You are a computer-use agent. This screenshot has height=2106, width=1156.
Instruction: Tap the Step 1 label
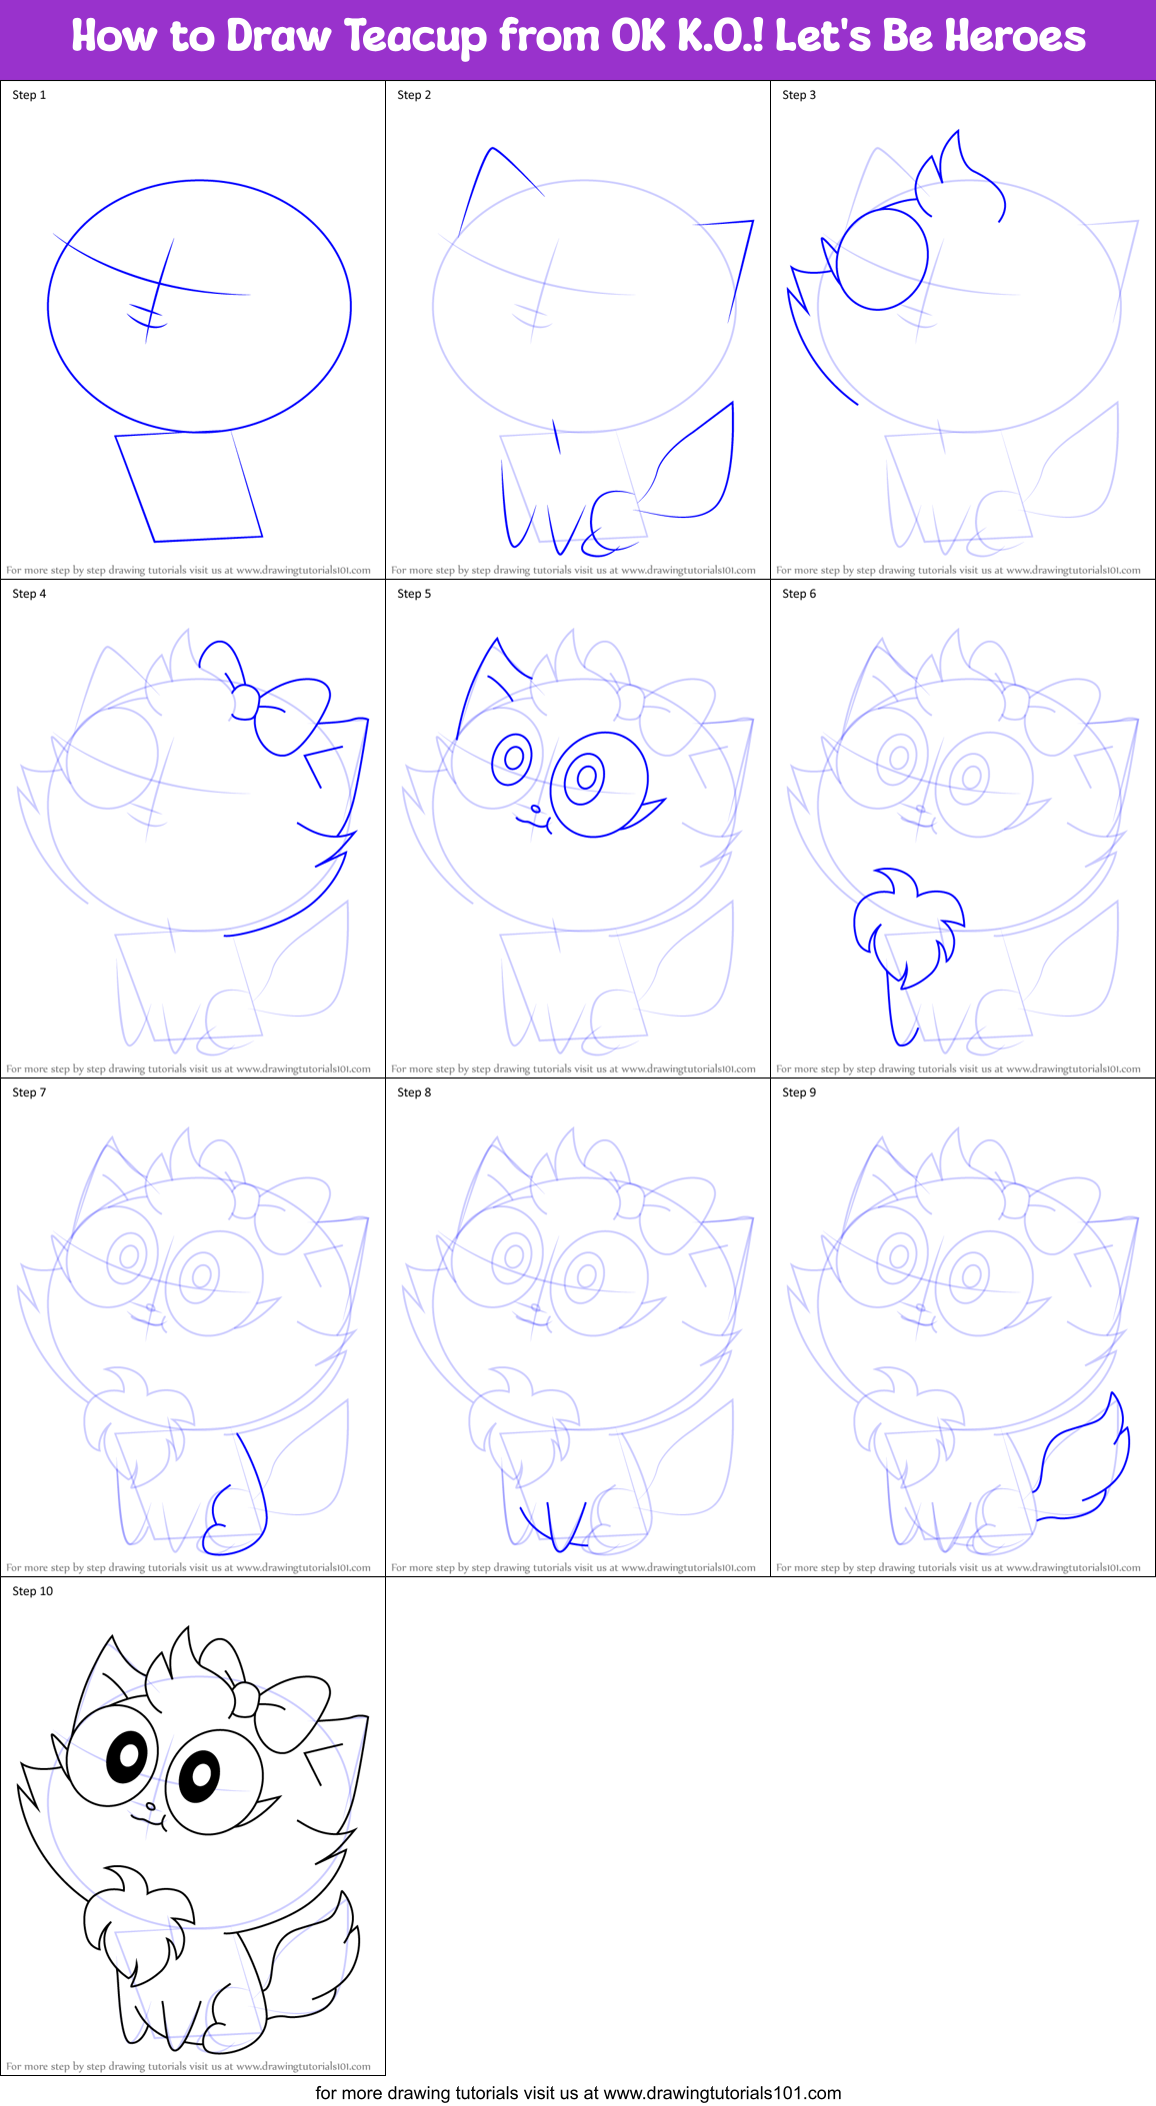[29, 95]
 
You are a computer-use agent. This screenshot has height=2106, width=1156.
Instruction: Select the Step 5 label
[414, 594]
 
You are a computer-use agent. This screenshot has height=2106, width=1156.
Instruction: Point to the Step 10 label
[32, 1591]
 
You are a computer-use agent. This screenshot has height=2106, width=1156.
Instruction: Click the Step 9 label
[799, 1092]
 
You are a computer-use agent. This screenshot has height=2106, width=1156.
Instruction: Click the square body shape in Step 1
[189, 485]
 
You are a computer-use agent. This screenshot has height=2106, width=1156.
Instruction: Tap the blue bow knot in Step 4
[245, 703]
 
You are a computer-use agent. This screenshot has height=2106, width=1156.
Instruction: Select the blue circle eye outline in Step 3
[881, 258]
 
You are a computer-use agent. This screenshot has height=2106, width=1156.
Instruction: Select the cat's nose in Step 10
[150, 1806]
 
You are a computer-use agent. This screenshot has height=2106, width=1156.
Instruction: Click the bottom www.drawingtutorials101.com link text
[722, 2092]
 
